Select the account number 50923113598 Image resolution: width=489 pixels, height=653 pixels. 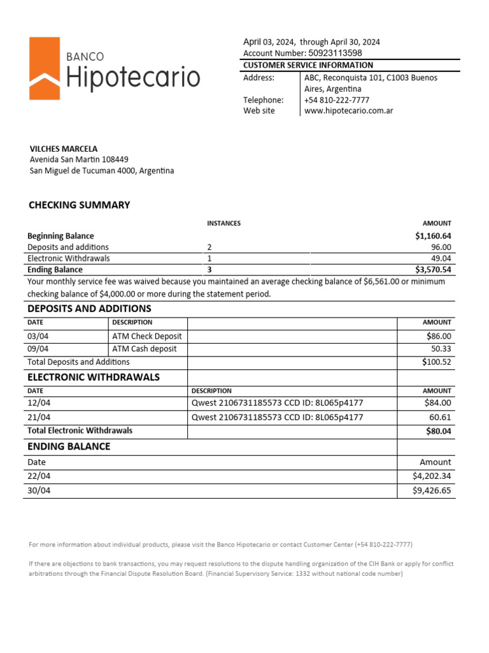[x=335, y=54]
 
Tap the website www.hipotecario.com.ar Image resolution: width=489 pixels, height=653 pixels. [x=348, y=111]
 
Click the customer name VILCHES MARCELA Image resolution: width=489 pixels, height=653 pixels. [x=64, y=149]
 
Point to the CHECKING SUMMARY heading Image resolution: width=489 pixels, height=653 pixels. [x=79, y=205]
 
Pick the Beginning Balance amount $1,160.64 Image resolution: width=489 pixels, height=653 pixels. [x=433, y=236]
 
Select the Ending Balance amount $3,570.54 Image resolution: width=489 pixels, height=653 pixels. [x=433, y=270]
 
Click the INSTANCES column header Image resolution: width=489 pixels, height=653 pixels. [x=223, y=223]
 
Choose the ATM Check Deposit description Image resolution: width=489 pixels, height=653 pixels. [x=146, y=336]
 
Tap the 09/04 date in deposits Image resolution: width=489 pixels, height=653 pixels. [x=38, y=349]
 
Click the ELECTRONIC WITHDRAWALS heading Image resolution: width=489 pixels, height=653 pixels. [x=93, y=377]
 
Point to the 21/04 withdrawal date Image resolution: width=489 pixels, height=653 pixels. [x=38, y=417]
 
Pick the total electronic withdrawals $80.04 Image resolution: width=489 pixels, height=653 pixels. [x=438, y=431]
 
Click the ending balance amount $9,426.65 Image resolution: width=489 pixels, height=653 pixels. [x=432, y=490]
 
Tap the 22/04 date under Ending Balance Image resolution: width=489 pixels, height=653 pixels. [x=38, y=476]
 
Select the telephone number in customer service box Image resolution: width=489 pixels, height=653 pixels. [x=336, y=100]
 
